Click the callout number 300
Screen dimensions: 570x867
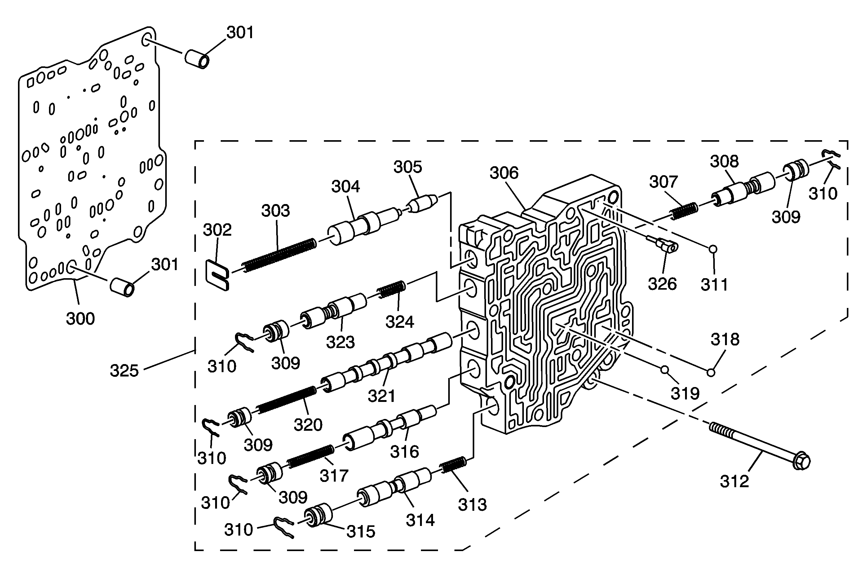tap(80, 318)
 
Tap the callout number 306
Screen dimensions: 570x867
tap(504, 173)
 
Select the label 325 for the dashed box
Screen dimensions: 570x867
tap(124, 371)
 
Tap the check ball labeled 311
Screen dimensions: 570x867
tap(713, 249)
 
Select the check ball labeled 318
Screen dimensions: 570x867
tap(711, 372)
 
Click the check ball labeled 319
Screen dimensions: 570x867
tap(665, 370)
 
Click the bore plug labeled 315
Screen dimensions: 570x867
tap(319, 515)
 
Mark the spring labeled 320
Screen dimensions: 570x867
tap(286, 399)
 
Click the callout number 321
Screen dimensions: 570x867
tap(381, 396)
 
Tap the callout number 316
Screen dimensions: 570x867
tap(404, 452)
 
